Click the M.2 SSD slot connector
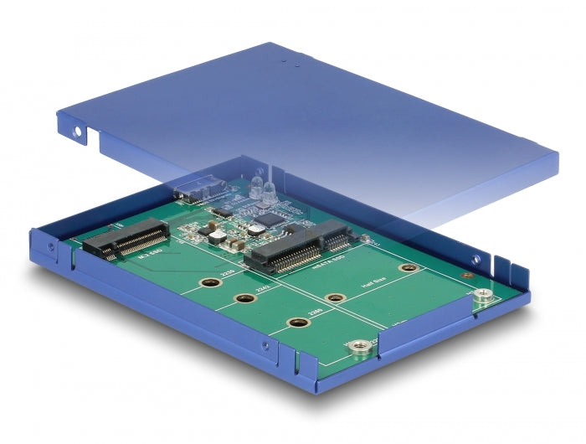coord(131,238)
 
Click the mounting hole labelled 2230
coord(210,283)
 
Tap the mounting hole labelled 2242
coord(246,299)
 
